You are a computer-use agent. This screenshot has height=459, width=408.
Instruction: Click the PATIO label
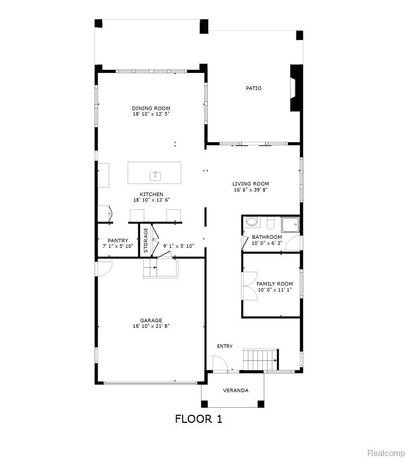(254, 88)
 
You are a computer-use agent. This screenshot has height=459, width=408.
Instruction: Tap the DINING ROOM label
(151, 108)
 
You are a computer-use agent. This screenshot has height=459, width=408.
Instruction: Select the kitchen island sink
(155, 176)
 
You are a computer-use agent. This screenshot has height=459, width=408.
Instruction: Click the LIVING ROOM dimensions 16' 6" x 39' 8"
(251, 190)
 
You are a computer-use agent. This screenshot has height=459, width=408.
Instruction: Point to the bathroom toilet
(270, 223)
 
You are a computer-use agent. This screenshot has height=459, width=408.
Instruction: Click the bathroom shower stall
(290, 225)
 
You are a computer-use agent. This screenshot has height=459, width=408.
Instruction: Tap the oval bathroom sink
(252, 221)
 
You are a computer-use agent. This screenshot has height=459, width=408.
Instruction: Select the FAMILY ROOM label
(275, 284)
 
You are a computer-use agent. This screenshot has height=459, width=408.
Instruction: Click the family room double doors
(250, 286)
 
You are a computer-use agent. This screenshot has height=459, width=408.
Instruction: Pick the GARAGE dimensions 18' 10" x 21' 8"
(151, 326)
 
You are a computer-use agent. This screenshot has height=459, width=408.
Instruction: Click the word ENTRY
(225, 346)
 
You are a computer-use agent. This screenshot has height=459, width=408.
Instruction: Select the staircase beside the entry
(261, 359)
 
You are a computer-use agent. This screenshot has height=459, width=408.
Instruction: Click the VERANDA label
(235, 390)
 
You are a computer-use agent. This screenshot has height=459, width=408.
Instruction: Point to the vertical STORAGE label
(145, 240)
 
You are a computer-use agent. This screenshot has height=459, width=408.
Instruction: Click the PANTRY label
(118, 240)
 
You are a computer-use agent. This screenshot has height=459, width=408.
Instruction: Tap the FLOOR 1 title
(199, 419)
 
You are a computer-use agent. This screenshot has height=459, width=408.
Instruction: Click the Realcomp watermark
(386, 453)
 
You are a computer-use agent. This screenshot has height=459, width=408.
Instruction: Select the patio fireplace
(296, 88)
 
